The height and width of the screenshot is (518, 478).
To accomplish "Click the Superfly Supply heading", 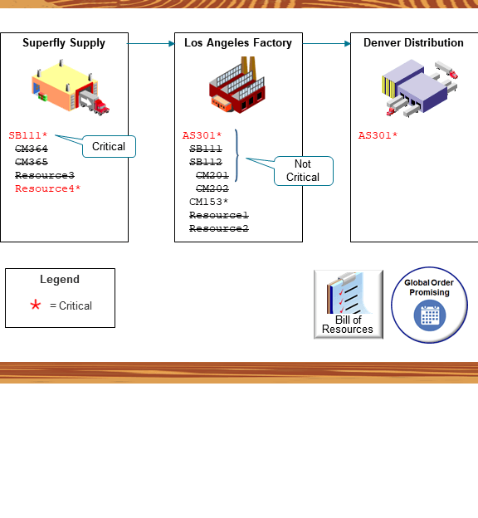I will (x=64, y=43).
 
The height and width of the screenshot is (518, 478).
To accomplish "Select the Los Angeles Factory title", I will (x=238, y=43).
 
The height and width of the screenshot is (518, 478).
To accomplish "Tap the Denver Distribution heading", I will (x=413, y=43).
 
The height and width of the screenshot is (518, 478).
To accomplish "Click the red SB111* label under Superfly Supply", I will (x=28, y=135).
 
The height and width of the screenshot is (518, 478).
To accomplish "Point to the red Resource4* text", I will (x=47, y=189).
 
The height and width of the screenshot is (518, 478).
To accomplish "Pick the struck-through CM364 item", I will (x=32, y=149).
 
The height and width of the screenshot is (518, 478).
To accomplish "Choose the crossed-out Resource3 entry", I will (x=45, y=176).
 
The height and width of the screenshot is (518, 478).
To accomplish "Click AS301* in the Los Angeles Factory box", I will (x=202, y=135).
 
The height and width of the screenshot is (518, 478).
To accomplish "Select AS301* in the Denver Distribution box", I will (x=378, y=135).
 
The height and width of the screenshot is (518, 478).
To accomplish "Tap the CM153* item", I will (x=208, y=202).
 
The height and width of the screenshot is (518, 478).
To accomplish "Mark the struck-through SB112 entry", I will (x=206, y=162).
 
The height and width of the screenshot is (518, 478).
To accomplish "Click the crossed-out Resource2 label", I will (x=219, y=228).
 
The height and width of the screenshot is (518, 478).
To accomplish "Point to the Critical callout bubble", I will (x=109, y=147).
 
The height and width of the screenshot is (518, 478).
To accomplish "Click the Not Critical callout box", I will (x=303, y=171).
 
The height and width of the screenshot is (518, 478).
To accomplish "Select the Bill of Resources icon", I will (x=348, y=304).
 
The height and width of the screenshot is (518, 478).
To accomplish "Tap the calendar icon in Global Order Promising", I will (x=430, y=315).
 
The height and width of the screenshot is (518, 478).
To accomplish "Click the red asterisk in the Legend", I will (x=35, y=305).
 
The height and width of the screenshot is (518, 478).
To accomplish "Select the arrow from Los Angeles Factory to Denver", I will (x=326, y=43).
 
